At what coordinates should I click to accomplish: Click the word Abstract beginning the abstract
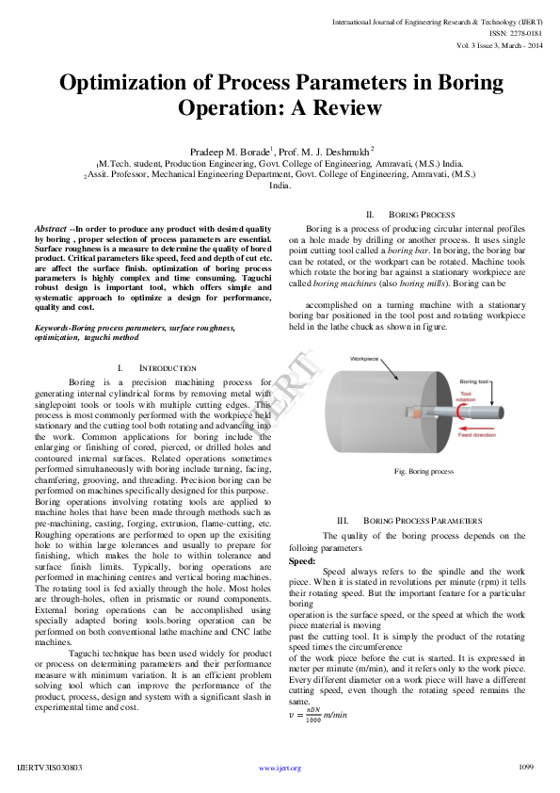pyautogui.click(x=50, y=229)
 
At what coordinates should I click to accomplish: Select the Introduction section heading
pyautogui.click(x=167, y=367)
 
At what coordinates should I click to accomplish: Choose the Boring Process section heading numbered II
pyautogui.click(x=421, y=215)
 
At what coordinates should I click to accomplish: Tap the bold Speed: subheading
pyautogui.click(x=302, y=559)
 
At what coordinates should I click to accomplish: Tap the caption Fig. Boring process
pyautogui.click(x=424, y=471)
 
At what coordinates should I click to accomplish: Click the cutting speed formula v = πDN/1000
pyautogui.click(x=320, y=715)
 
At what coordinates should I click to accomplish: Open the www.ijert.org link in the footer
pyautogui.click(x=280, y=769)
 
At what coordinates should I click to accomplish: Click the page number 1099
pyautogui.click(x=526, y=768)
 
